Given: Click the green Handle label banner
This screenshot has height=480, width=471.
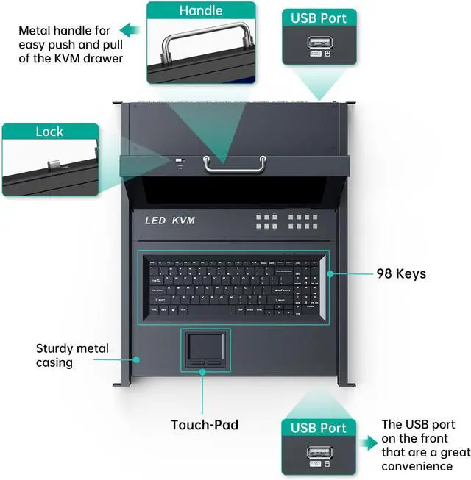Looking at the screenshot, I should click(201, 11).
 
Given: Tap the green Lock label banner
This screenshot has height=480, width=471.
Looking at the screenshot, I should click(49, 132).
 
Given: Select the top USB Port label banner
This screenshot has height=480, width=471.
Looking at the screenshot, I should click(319, 17).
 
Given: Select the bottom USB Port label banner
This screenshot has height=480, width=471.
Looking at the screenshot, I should click(319, 428).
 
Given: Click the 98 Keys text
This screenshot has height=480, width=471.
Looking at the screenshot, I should click(401, 273).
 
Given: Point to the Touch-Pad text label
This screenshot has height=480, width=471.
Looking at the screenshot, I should click(205, 424).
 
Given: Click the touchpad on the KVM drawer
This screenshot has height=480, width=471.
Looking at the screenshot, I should click(206, 345).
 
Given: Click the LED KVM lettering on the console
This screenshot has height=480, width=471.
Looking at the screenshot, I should click(170, 221).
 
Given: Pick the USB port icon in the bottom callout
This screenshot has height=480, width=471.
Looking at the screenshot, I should click(319, 454).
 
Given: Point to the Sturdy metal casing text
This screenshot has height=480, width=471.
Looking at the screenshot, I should click(72, 356).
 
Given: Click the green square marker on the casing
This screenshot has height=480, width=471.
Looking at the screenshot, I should click(136, 359).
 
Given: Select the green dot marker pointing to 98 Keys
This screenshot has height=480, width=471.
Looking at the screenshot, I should click(331, 273).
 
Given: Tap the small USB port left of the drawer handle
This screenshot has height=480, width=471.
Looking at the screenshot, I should click(180, 161).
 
